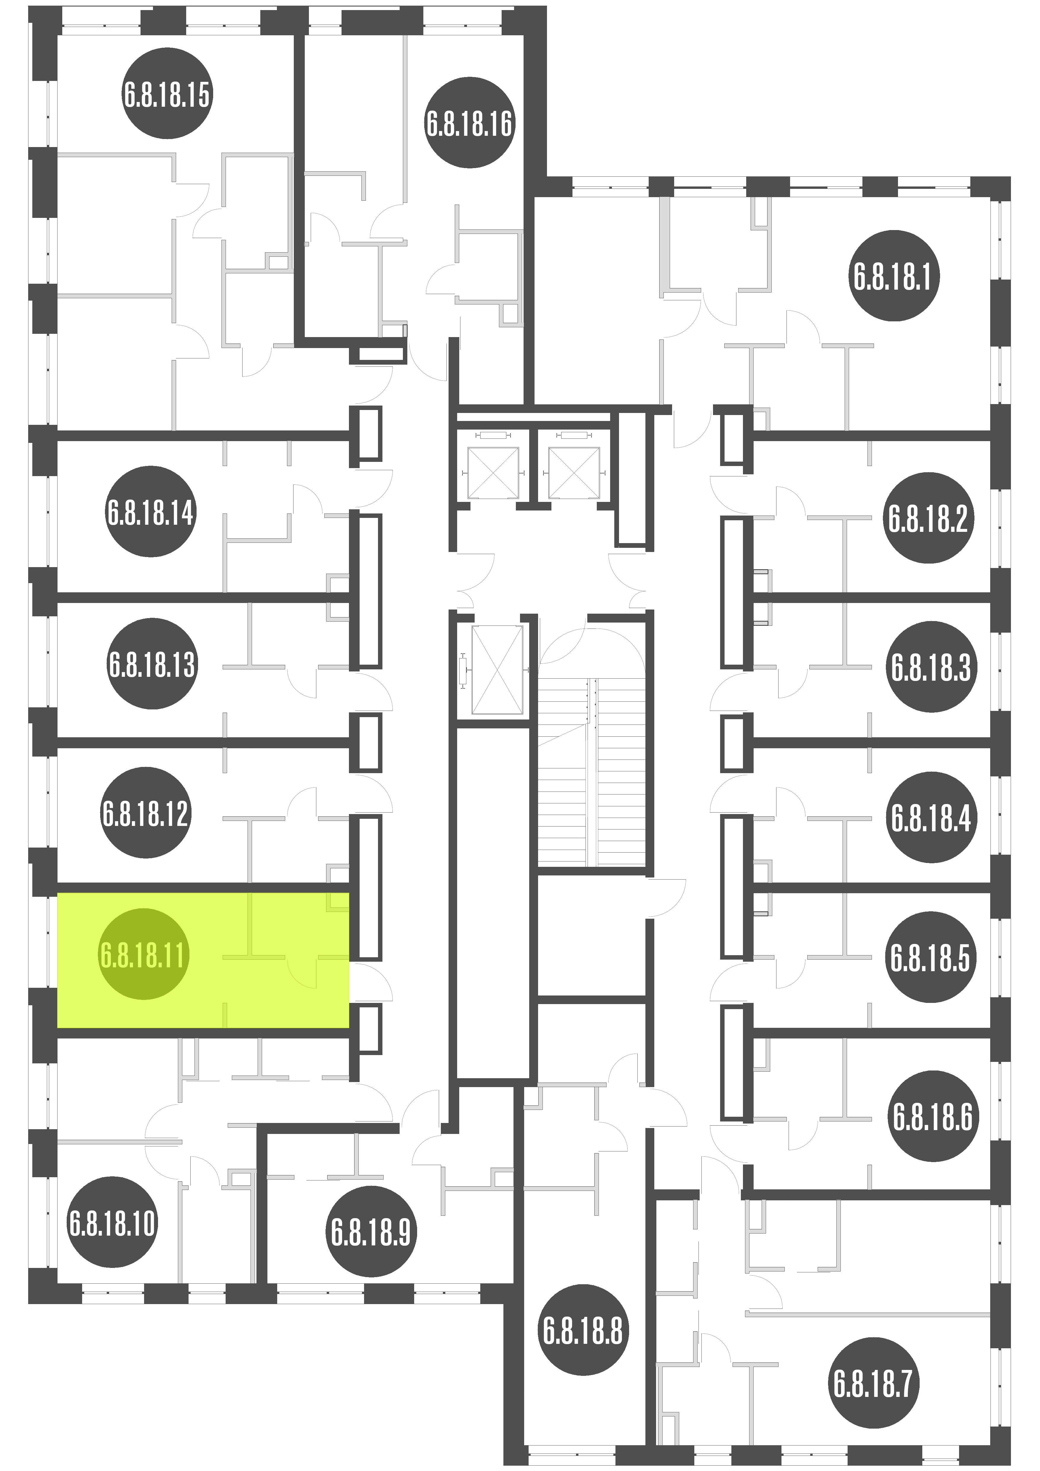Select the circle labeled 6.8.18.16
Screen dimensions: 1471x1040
(470, 123)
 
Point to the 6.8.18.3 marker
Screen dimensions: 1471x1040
(931, 667)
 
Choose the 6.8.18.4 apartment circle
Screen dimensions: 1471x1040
(931, 818)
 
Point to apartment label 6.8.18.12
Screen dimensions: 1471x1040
(146, 812)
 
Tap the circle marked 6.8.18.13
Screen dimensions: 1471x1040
(152, 664)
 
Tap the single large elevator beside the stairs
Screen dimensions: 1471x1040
(497, 669)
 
